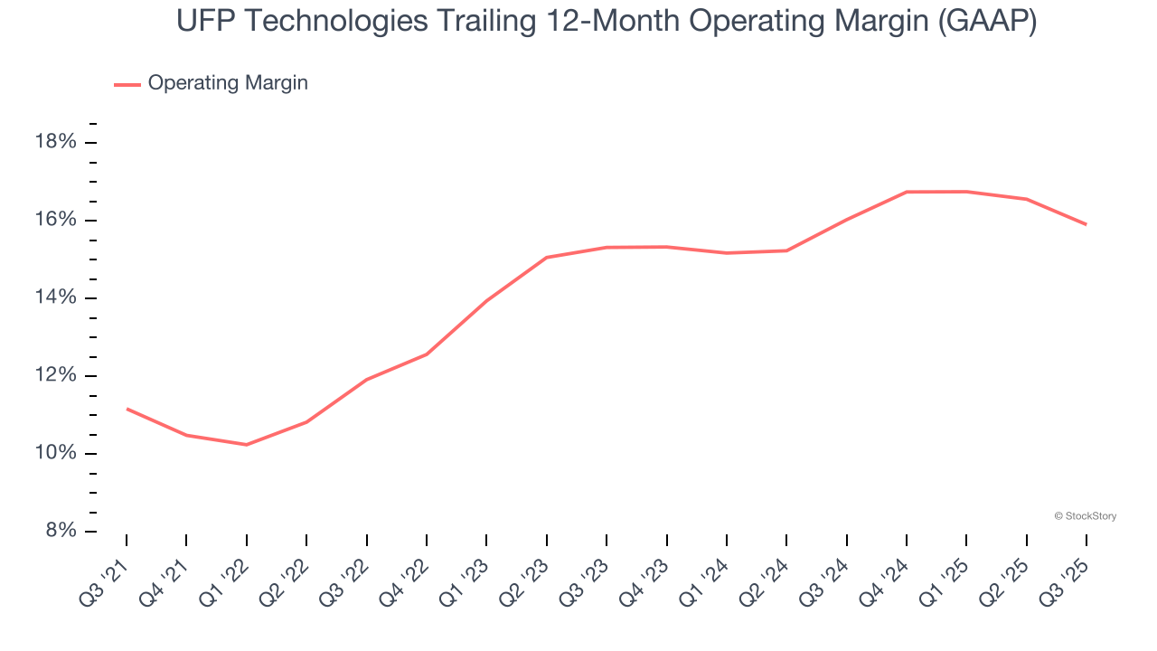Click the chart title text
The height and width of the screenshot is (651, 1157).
point(607,21)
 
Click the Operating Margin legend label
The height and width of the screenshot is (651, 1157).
point(228,83)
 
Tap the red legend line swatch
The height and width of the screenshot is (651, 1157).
point(127,84)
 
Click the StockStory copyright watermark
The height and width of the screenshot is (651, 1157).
point(1085,516)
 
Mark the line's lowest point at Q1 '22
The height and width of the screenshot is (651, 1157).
point(246,444)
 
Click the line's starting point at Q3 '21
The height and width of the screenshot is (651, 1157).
point(127,409)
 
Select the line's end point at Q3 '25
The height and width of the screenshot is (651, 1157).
point(1086,224)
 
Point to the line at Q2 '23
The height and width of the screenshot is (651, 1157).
point(546,258)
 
